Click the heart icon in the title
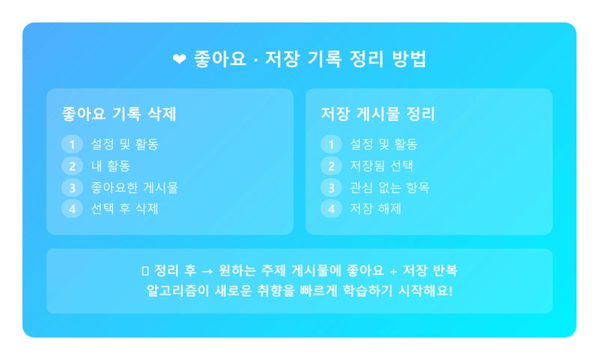pyautogui.click(x=179, y=60)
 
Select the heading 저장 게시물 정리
pyautogui.click(x=378, y=114)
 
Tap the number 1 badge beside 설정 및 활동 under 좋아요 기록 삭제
pyautogui.click(x=72, y=144)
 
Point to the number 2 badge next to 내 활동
pyautogui.click(x=72, y=166)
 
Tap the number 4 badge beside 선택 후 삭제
pyautogui.click(x=72, y=209)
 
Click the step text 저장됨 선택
pyautogui.click(x=382, y=166)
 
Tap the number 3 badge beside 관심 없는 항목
pyautogui.click(x=331, y=187)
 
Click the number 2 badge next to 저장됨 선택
pyautogui.click(x=331, y=166)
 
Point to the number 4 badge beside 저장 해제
pyautogui.click(x=331, y=209)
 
